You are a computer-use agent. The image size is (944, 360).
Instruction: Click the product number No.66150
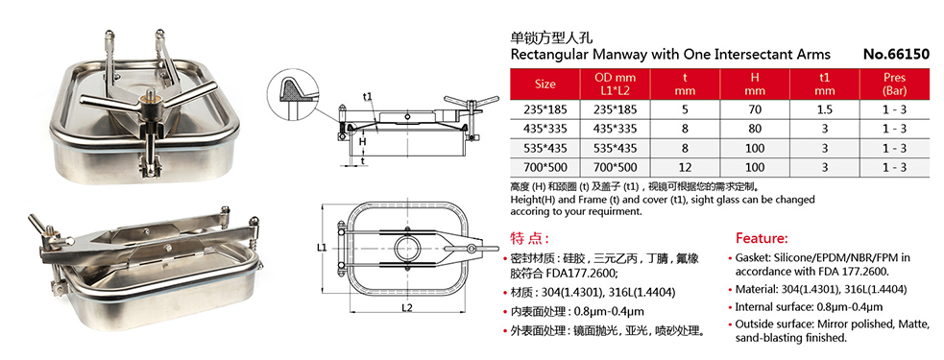click(895, 55)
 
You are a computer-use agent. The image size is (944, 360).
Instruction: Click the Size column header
click(545, 84)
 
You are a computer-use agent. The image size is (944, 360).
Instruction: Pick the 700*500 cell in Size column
click(545, 166)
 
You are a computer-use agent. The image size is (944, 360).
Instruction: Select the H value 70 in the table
click(755, 111)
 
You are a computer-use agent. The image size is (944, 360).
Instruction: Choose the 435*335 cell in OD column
click(616, 130)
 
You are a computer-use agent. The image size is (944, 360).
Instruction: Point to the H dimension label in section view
click(362, 142)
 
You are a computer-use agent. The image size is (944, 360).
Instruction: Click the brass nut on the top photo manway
click(153, 99)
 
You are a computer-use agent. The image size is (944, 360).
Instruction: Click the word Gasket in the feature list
click(758, 258)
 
